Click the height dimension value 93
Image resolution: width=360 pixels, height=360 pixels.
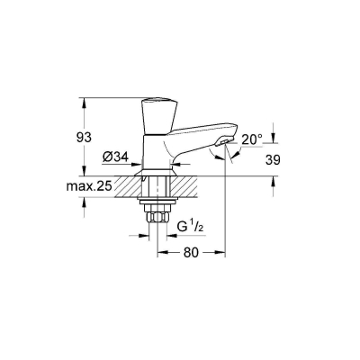click(x=84, y=138)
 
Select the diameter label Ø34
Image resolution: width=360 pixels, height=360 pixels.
click(x=115, y=157)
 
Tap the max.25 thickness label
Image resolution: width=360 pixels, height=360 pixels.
click(x=89, y=186)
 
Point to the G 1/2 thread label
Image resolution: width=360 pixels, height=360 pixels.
click(x=190, y=227)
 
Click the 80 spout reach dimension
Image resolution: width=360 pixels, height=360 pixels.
click(x=191, y=253)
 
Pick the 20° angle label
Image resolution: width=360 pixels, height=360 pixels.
click(x=252, y=139)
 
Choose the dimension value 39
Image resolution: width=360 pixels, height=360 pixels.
click(x=273, y=160)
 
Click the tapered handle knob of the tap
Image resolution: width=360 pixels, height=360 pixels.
click(x=159, y=115)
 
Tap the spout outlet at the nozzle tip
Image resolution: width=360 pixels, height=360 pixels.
click(x=224, y=141)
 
